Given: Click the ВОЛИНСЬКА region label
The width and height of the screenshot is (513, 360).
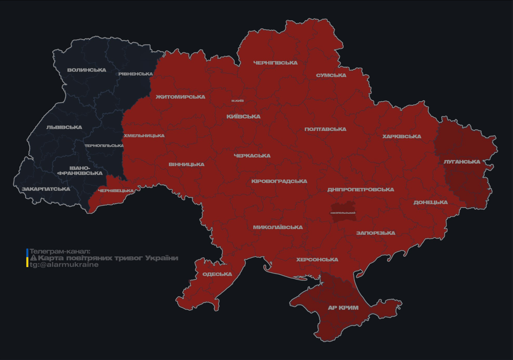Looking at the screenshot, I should (x=87, y=70).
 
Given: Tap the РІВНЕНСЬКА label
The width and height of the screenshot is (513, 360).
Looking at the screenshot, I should (x=136, y=74).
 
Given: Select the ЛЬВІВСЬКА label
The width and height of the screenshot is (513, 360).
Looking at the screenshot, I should (x=64, y=127).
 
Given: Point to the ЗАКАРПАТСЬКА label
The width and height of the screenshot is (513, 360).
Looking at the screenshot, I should (x=46, y=189).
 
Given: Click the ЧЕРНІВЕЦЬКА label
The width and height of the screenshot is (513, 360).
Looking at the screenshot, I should (x=116, y=191).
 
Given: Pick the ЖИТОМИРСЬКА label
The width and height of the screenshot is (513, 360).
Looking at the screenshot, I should (x=181, y=97).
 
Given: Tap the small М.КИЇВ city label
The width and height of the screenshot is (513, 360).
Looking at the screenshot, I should (x=237, y=101).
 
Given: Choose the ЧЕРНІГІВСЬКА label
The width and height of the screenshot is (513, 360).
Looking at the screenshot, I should (x=275, y=63).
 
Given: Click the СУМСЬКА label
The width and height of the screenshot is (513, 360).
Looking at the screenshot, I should (x=331, y=75).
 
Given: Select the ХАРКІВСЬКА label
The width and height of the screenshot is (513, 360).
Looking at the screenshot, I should (x=401, y=137).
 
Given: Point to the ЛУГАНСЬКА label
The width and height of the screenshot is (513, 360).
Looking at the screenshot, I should (x=462, y=162).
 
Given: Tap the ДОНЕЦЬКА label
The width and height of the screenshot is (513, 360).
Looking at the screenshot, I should (x=430, y=202).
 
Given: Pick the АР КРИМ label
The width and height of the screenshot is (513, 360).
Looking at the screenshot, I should (x=343, y=308).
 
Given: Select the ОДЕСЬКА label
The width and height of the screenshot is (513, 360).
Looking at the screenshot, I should (x=217, y=274).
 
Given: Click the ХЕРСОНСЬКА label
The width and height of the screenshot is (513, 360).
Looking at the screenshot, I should (x=317, y=260).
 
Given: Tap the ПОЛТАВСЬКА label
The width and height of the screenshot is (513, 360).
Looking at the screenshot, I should (x=325, y=129).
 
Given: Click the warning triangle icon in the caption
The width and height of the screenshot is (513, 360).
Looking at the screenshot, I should (x=33, y=258).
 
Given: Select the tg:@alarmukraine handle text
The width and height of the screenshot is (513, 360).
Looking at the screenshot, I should (x=64, y=265).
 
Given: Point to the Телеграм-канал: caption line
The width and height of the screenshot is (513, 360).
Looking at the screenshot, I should (x=60, y=251).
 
